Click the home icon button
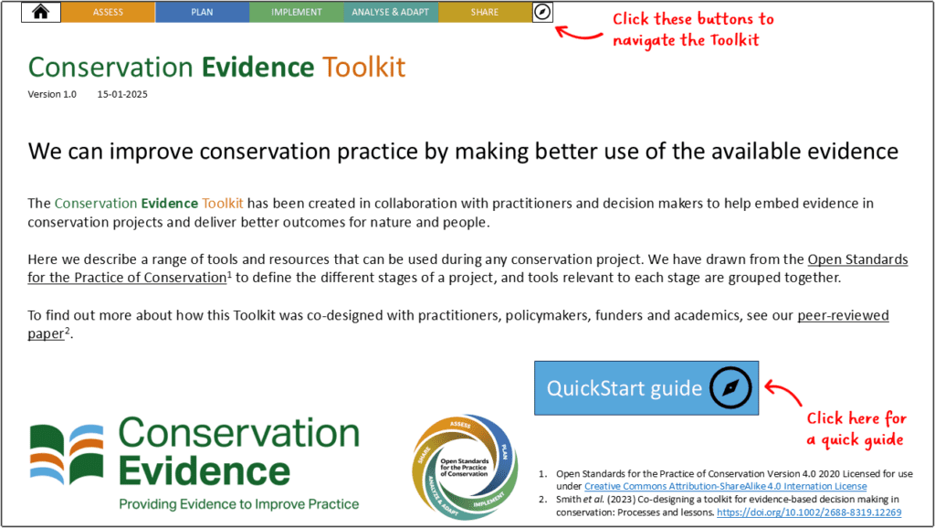(40, 12)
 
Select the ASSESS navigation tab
(108, 12)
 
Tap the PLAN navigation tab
(202, 12)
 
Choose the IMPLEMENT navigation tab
(297, 12)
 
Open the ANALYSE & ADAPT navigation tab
(390, 12)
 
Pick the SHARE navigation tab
(485, 12)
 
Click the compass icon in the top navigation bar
(542, 12)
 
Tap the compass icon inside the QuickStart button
(730, 388)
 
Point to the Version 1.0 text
(52, 94)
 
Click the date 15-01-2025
(122, 94)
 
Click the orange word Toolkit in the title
(363, 67)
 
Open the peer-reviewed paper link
(842, 316)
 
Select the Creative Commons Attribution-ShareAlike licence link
(725, 486)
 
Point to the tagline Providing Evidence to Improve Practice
(238, 504)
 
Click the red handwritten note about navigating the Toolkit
(692, 29)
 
